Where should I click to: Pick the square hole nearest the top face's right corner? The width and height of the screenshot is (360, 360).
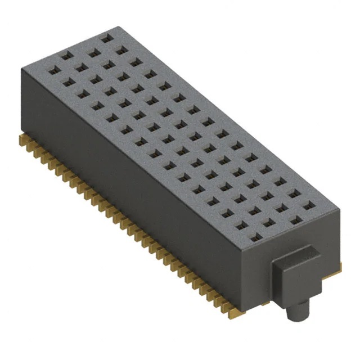(307, 207)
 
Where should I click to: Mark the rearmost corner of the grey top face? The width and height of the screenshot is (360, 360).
(114, 26)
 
